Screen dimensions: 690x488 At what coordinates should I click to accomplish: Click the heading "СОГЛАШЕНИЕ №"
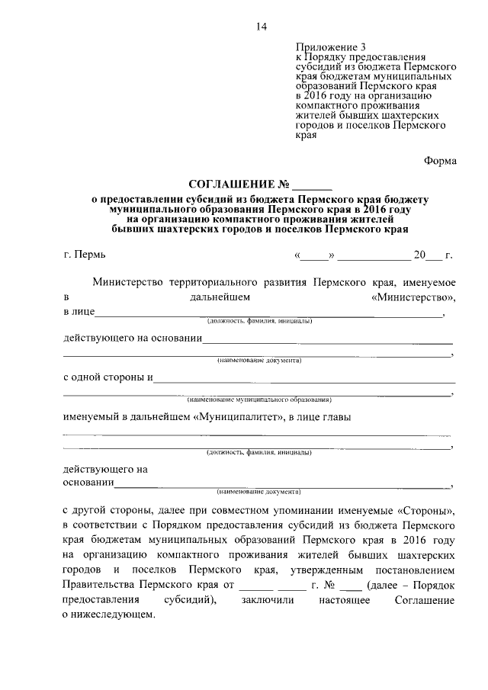click(x=239, y=184)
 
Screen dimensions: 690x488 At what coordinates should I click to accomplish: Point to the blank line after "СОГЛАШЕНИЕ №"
click(x=313, y=185)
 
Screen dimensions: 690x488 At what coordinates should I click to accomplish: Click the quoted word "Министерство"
click(x=413, y=296)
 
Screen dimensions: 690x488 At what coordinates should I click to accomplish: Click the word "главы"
click(x=336, y=416)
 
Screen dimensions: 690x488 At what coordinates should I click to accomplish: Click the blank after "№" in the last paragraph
click(x=351, y=586)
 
